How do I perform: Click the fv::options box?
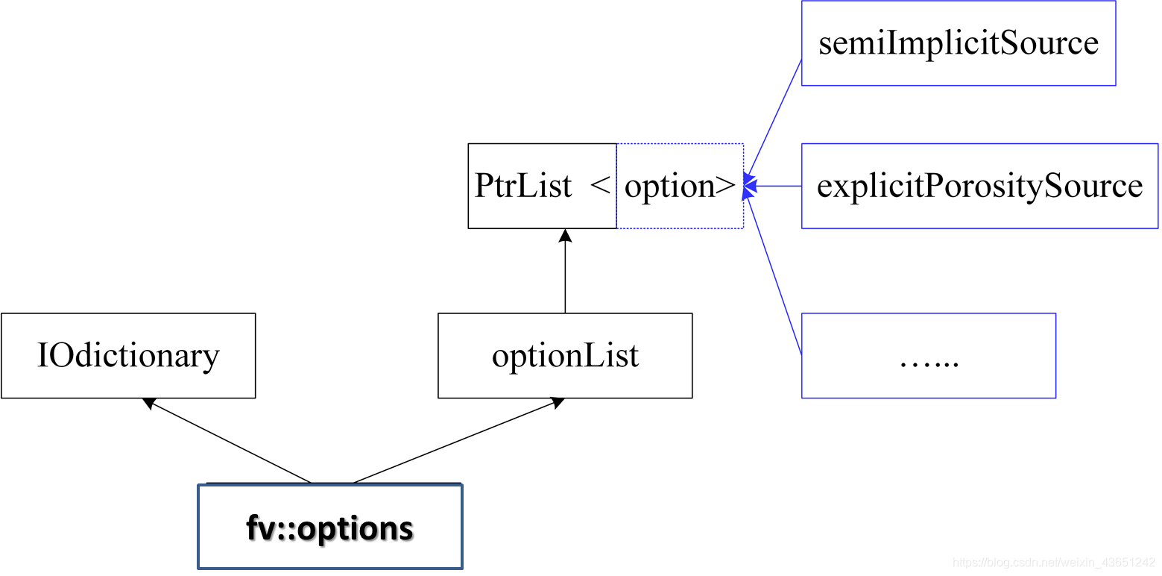[x=329, y=527]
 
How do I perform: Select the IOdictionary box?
[x=128, y=355]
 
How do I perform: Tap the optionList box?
[x=565, y=355]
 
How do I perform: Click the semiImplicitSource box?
[x=958, y=43]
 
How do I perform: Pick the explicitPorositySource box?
[x=979, y=186]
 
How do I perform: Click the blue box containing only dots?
[x=928, y=355]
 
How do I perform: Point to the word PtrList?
[x=523, y=186]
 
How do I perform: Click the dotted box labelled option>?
[x=680, y=186]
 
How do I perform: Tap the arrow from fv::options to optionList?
[x=455, y=441]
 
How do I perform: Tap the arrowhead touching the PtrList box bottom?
[x=565, y=235]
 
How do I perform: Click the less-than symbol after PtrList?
[x=600, y=186]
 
